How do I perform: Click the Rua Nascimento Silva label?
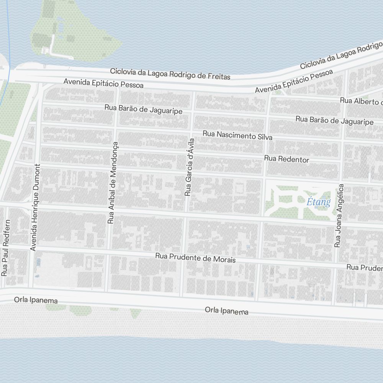(237, 135)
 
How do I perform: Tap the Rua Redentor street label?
(286, 159)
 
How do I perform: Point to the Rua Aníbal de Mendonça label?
(113, 182)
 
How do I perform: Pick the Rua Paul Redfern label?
(5, 248)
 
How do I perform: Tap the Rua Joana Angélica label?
(339, 215)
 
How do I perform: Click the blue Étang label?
(318, 202)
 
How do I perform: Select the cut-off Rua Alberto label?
(362, 101)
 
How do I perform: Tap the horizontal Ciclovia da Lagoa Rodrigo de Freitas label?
(170, 74)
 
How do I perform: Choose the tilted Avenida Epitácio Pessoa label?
(294, 81)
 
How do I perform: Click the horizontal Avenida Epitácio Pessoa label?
(103, 83)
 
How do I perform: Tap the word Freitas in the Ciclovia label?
(218, 76)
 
